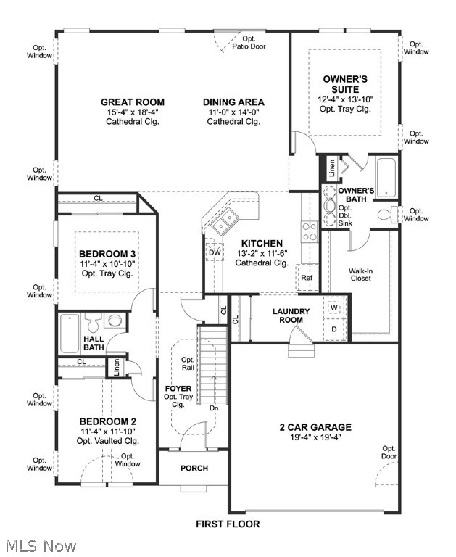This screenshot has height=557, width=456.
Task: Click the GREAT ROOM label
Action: coord(132,102)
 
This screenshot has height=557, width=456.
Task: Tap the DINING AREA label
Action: coord(233,102)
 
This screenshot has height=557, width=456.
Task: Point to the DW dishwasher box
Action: coord(215,252)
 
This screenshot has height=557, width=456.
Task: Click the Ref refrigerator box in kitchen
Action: coord(306,277)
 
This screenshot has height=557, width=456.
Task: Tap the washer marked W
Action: coord(333,308)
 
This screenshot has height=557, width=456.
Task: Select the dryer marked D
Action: coord(333,329)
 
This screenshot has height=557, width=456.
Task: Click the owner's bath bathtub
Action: coord(386,178)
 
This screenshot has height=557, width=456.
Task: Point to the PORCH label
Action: coord(194,468)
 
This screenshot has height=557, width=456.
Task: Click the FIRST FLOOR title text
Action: coord(228,524)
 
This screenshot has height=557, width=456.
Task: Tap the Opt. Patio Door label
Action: coord(249,42)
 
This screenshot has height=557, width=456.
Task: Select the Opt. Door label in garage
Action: coord(389,452)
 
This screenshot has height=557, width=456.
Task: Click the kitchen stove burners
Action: coord(309,231)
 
